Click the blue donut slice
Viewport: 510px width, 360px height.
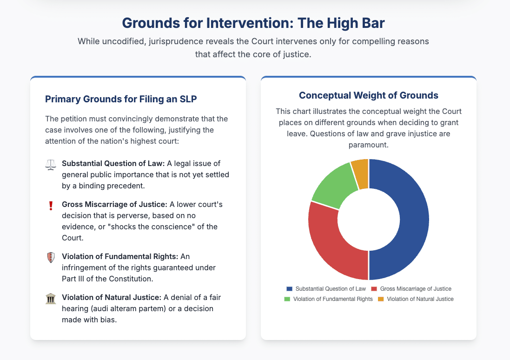coord(413,220)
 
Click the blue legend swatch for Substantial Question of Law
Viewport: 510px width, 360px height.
coord(290,289)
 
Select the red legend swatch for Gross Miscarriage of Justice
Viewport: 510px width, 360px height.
coord(374,289)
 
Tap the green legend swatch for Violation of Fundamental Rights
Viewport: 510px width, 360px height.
coord(287,299)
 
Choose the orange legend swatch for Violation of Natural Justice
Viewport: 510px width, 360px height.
coord(381,299)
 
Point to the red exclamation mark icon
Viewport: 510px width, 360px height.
coord(51,206)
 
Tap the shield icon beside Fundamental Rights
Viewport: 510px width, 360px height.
coord(51,258)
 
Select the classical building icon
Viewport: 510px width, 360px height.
coord(51,299)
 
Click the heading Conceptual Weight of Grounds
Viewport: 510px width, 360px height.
coord(369,95)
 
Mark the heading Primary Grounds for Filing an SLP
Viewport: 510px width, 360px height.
coord(121,99)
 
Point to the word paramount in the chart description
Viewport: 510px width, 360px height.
coord(369,145)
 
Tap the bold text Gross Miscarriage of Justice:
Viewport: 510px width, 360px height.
coord(114,204)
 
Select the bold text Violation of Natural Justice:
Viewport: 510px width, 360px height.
coord(112,298)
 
